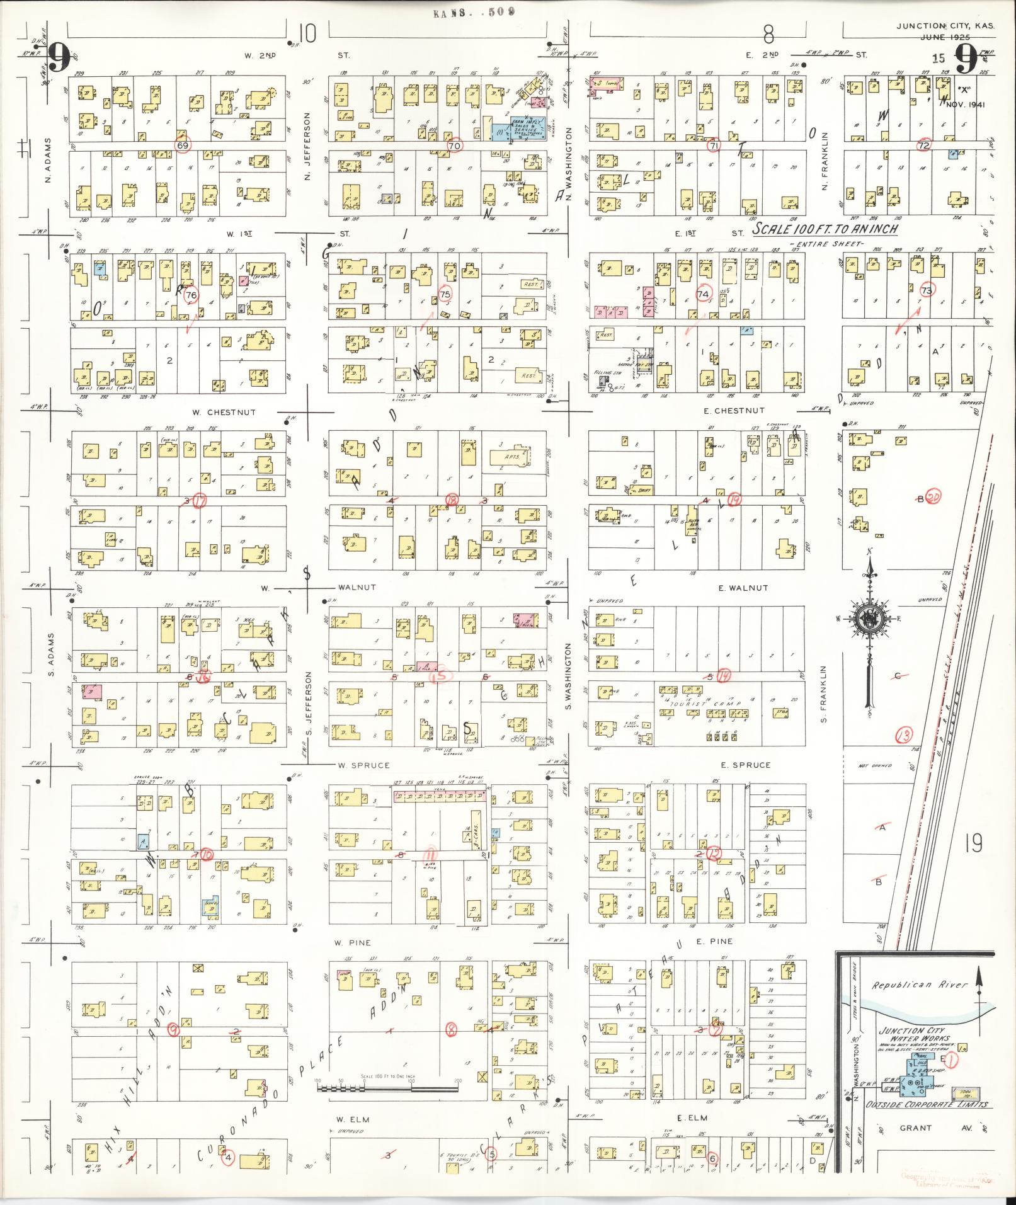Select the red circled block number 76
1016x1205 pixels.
pyautogui.click(x=191, y=295)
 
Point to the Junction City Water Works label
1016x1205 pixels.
pyautogui.click(x=914, y=1034)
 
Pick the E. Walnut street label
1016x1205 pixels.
pyautogui.click(x=743, y=588)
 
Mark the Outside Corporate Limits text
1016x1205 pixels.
pyautogui.click(x=927, y=1105)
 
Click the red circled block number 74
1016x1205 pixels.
pyautogui.click(x=703, y=294)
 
